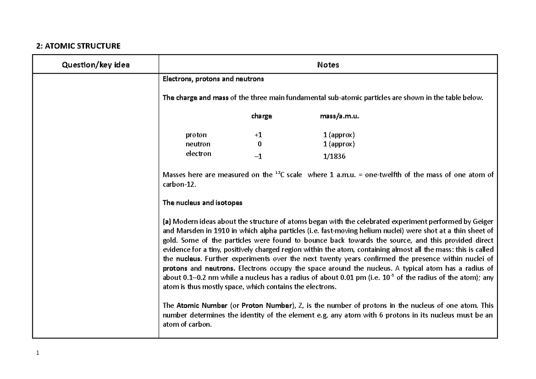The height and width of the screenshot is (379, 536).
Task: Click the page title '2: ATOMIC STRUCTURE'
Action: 78,46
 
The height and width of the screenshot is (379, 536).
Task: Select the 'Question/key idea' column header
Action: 96,65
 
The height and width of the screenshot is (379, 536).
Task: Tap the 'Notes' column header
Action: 328,65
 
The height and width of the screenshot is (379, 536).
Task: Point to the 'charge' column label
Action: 261,116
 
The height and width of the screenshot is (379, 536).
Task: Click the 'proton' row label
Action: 196,135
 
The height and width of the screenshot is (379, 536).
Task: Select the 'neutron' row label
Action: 198,144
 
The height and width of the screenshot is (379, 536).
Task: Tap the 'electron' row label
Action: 198,153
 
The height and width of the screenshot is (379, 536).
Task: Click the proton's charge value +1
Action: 259,135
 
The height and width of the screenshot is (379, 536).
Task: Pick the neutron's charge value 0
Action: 259,144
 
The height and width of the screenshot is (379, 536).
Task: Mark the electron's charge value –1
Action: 259,156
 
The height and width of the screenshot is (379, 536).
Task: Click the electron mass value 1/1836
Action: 335,156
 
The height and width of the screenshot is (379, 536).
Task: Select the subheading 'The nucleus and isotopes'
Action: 202,202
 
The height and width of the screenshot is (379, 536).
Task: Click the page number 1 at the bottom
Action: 38,353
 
